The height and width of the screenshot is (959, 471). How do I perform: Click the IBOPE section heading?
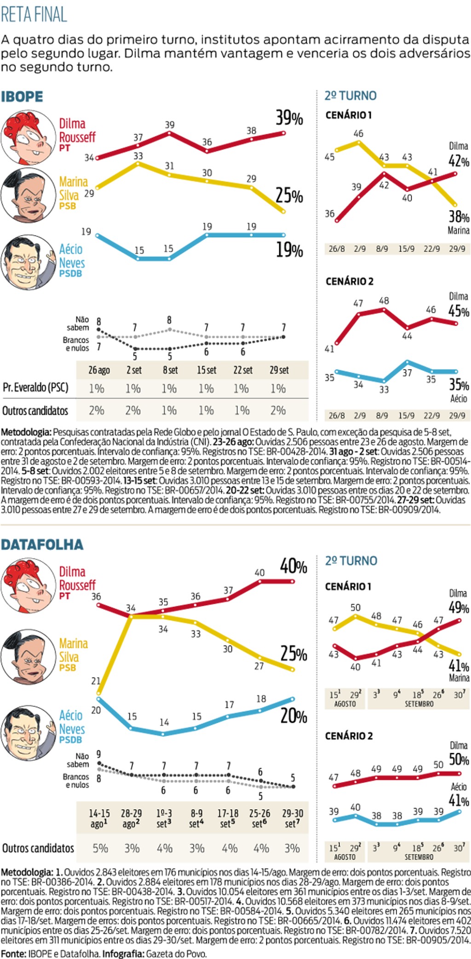[22, 97]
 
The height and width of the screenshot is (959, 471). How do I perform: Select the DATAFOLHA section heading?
[42, 545]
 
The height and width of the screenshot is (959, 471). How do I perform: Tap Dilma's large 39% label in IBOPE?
[289, 118]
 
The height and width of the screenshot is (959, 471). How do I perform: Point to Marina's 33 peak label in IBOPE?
[138, 156]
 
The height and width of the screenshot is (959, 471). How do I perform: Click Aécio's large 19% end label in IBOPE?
[289, 250]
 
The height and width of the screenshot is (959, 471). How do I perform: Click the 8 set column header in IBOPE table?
[170, 370]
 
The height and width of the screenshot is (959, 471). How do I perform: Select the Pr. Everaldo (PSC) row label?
[35, 387]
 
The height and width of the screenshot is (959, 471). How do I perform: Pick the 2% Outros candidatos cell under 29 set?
[278, 410]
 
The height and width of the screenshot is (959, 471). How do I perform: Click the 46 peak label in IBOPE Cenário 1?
[358, 134]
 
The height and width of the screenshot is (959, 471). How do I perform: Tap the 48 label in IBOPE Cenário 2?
[384, 301]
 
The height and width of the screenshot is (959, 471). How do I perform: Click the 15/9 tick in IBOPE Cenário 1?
[406, 249]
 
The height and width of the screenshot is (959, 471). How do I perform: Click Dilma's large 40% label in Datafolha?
[293, 566]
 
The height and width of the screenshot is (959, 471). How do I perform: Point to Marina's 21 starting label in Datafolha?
[96, 681]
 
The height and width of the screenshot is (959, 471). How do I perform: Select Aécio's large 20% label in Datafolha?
[293, 716]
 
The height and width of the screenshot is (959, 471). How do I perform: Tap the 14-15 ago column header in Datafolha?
[99, 818]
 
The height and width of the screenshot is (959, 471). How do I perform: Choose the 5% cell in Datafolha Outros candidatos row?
[100, 848]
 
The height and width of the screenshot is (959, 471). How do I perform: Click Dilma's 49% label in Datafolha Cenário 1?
[459, 607]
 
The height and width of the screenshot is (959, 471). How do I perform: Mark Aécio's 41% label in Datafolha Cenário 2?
[459, 800]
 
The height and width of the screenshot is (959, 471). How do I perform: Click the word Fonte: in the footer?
[13, 953]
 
